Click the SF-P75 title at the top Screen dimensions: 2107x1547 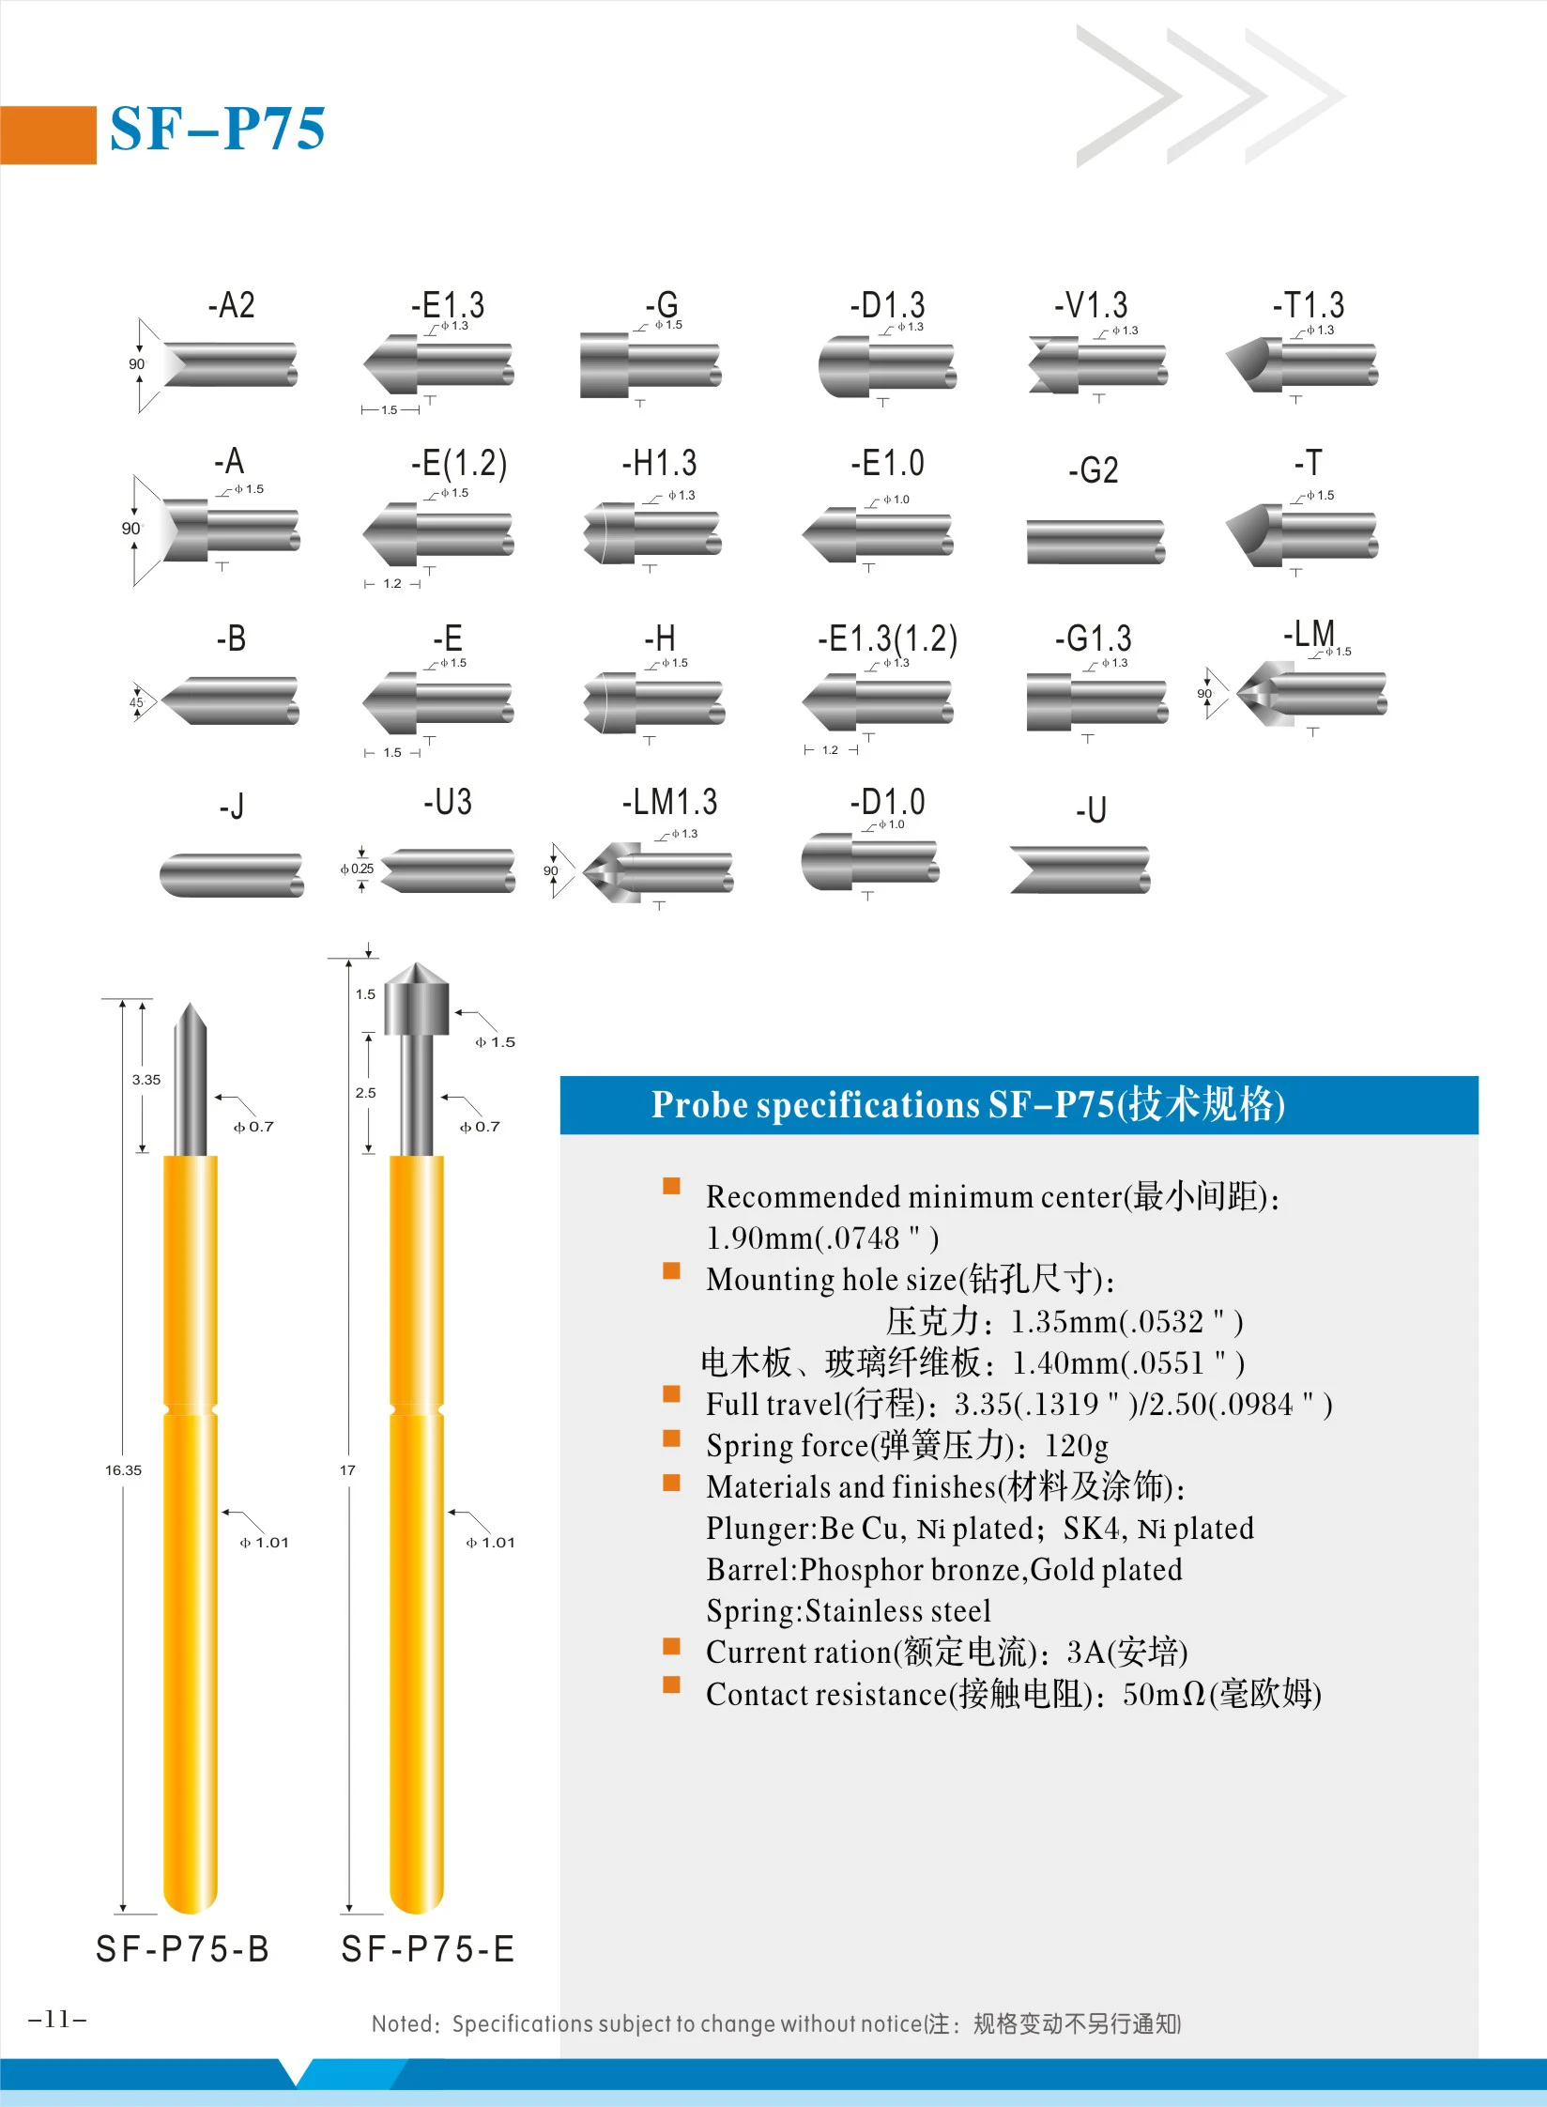click(218, 129)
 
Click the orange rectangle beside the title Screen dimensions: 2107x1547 click(48, 135)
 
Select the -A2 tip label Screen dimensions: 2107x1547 click(231, 305)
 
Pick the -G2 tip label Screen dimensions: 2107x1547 click(1094, 469)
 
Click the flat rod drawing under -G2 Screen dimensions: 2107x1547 click(1095, 542)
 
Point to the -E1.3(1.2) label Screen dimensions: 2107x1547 click(887, 639)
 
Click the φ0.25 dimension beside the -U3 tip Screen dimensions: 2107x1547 click(357, 869)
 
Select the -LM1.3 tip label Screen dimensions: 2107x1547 click(669, 802)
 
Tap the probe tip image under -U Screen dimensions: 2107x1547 click(1080, 869)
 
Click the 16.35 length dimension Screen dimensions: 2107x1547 click(123, 1469)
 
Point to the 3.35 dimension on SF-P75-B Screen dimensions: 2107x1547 click(146, 1080)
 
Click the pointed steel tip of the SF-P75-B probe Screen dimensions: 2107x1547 click(191, 1023)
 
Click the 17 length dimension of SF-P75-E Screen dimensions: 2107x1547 click(347, 1469)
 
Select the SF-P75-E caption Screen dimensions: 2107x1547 click(428, 1949)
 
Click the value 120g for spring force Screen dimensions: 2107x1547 click(1076, 1445)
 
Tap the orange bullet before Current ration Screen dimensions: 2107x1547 click(671, 1646)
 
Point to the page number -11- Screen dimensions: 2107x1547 click(57, 2019)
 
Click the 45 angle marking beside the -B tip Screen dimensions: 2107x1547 click(136, 701)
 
